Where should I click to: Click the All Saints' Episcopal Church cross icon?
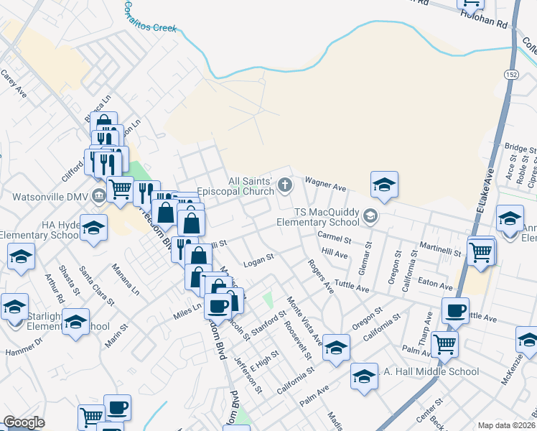point(285,186)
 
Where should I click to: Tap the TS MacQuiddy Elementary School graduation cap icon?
point(370,214)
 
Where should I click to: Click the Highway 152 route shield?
point(511,75)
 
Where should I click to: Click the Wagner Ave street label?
point(326,185)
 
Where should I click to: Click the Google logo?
point(23,423)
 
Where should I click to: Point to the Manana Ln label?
point(126,278)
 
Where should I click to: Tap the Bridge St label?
point(520,148)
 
